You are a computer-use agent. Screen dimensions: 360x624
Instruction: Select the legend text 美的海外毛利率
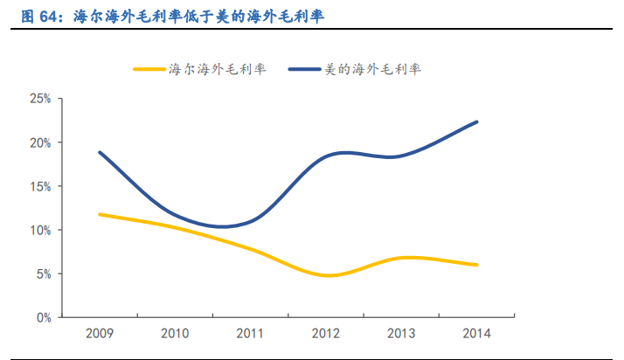(x=384, y=68)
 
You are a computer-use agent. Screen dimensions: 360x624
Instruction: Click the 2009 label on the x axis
(x=101, y=334)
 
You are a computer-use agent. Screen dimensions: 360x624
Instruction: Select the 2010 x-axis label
(x=176, y=334)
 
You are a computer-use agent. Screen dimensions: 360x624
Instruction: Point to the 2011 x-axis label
(x=251, y=334)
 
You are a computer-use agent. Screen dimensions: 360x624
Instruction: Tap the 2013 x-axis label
(x=402, y=334)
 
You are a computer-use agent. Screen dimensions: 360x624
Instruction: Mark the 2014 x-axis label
(x=477, y=334)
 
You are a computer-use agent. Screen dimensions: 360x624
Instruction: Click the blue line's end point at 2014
(x=477, y=121)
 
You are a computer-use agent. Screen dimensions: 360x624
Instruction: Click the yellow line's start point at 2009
(x=101, y=214)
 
